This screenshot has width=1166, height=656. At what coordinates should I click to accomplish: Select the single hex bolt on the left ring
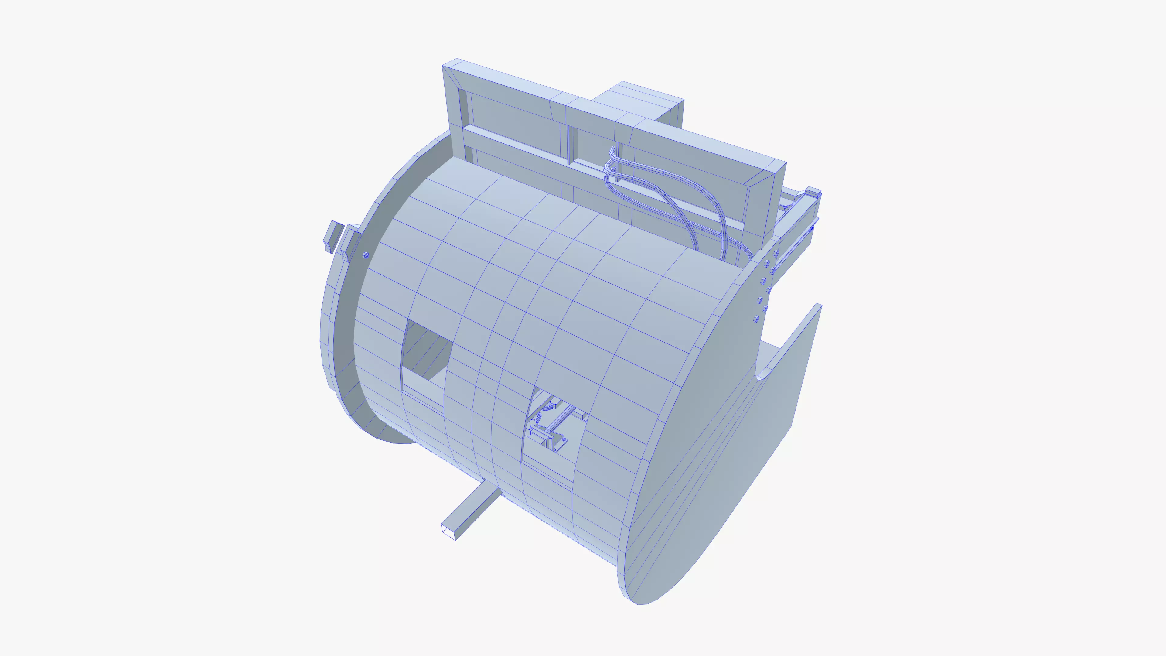point(366,255)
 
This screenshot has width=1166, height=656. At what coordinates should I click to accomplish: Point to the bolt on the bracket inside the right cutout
point(564,439)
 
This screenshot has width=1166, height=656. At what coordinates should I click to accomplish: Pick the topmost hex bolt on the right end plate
point(776,254)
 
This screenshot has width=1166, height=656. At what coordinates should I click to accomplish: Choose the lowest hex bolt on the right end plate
point(755,319)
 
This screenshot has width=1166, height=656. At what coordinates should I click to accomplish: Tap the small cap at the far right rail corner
point(813,192)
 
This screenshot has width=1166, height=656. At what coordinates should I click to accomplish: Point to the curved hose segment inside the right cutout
point(548,407)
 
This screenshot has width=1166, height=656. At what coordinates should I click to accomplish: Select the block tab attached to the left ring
point(349,245)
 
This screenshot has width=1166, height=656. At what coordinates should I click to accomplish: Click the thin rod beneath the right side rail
point(794,246)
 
